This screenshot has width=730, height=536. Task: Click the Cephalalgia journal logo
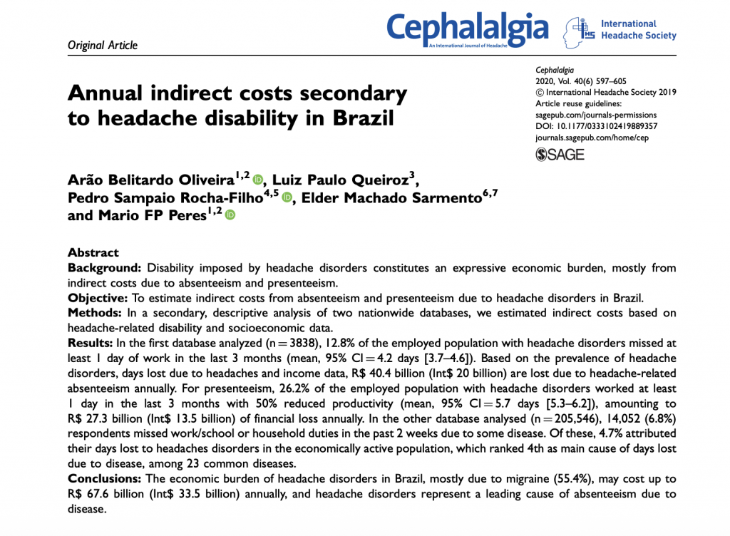click(468, 29)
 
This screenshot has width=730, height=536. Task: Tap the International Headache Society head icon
click(578, 32)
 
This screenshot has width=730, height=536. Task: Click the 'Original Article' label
click(102, 46)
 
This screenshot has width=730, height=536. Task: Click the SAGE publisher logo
click(560, 154)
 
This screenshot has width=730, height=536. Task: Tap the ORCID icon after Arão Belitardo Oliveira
click(258, 163)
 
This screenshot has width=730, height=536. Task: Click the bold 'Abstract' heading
click(93, 252)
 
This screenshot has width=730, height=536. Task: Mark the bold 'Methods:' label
click(96, 312)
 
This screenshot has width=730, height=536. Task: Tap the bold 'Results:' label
click(93, 343)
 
